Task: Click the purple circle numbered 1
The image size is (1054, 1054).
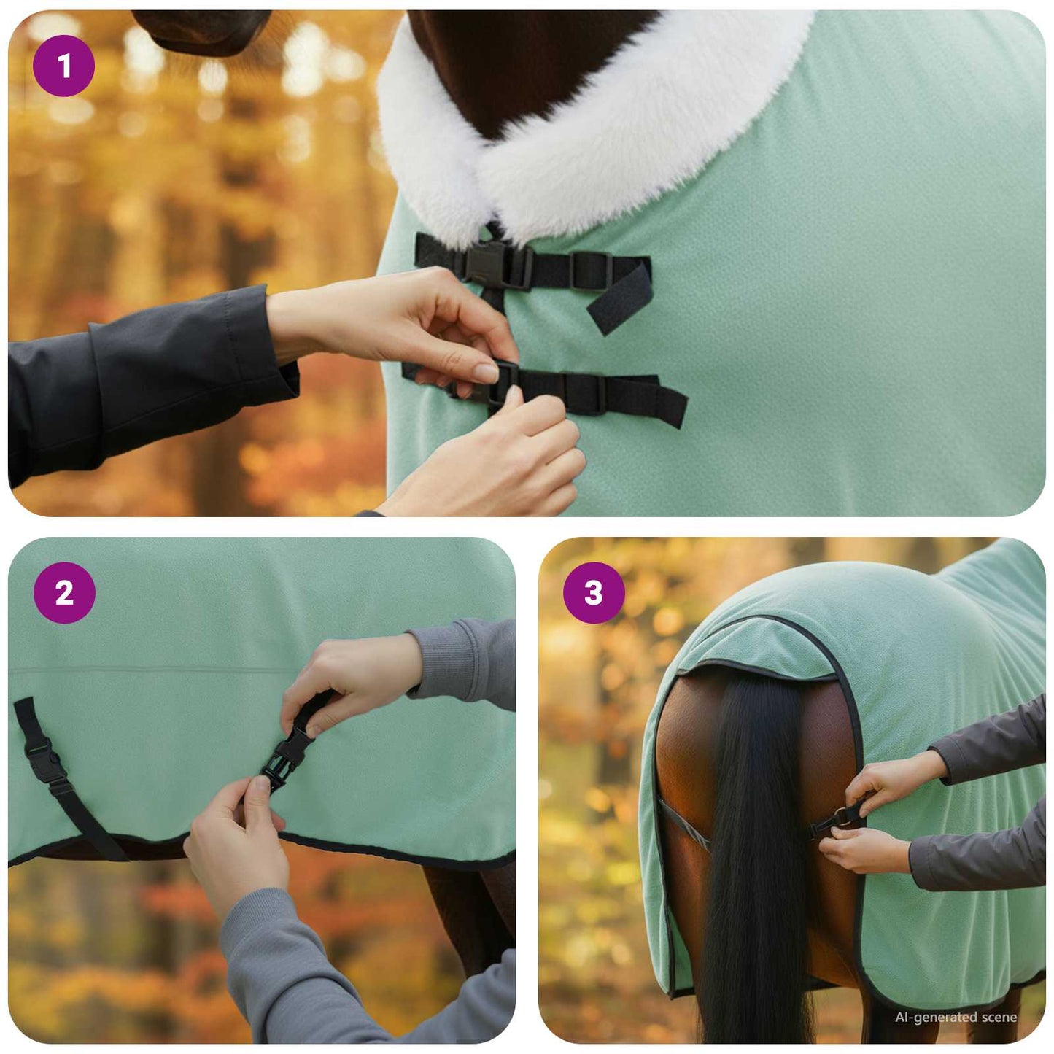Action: pyautogui.click(x=63, y=66)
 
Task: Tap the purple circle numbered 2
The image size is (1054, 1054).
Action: pyautogui.click(x=64, y=592)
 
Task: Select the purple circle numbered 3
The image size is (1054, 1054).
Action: pyautogui.click(x=594, y=592)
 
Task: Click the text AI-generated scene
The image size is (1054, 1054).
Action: pyautogui.click(x=956, y=1017)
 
